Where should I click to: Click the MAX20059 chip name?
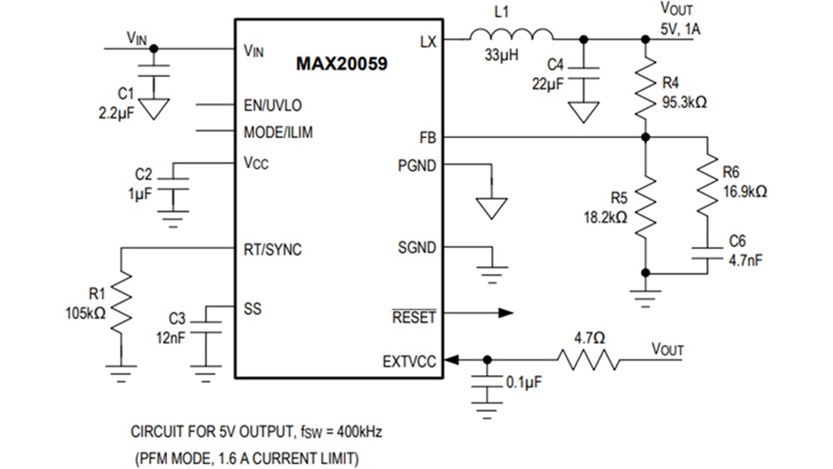[342, 64]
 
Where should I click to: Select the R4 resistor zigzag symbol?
[646, 89]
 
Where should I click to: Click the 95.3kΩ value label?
[683, 102]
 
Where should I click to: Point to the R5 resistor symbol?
[646, 204]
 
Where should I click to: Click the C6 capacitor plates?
[707, 254]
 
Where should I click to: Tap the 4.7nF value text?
[745, 260]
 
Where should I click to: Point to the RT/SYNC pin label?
[272, 250]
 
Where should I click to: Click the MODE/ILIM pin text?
[278, 133]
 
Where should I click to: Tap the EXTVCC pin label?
[410, 361]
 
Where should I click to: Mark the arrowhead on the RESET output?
[505, 312]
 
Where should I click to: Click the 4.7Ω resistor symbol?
[589, 359]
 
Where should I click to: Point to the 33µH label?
[501, 56]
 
